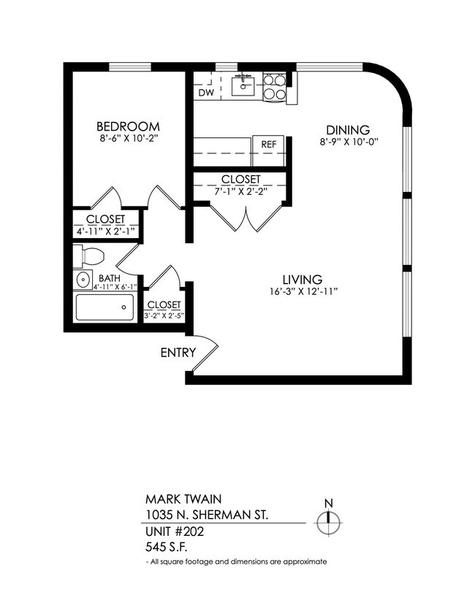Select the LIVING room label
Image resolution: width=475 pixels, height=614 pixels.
pyautogui.click(x=303, y=279)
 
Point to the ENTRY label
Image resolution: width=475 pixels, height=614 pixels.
pyautogui.click(x=178, y=353)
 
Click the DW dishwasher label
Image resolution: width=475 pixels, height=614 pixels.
pyautogui.click(x=206, y=93)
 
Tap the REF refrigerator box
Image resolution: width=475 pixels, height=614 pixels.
pyautogui.click(x=268, y=144)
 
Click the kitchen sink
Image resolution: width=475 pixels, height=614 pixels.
pyautogui.click(x=243, y=86)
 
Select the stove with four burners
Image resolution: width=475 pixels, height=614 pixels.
pyautogui.click(x=274, y=87)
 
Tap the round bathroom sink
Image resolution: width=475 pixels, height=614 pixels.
pyautogui.click(x=83, y=278)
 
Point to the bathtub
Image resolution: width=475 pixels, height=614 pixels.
pyautogui.click(x=105, y=307)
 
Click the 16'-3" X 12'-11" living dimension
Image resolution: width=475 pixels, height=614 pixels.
pyautogui.click(x=303, y=292)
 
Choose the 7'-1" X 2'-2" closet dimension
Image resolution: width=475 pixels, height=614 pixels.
pyautogui.click(x=240, y=191)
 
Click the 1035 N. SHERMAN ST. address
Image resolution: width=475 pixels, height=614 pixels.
pyautogui.click(x=207, y=515)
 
